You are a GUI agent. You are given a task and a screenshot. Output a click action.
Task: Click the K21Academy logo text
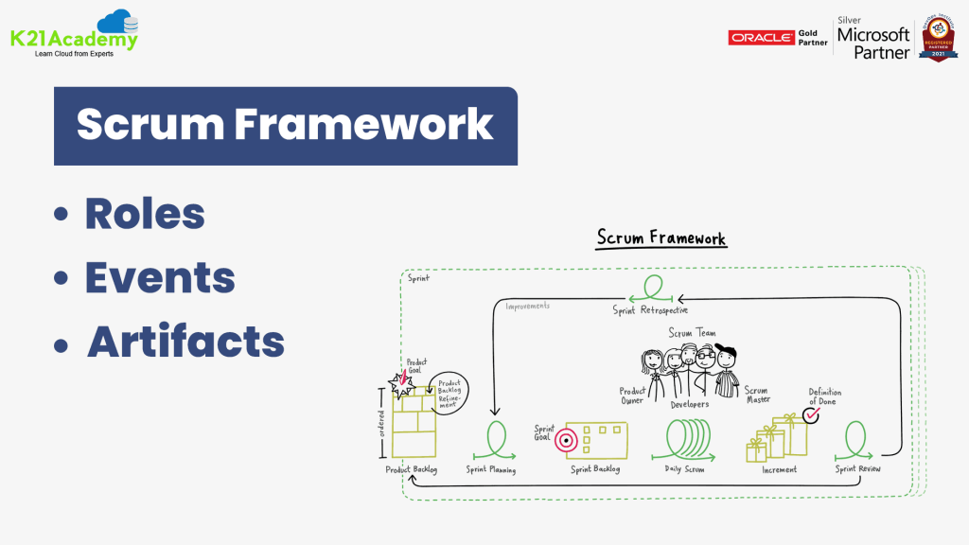74,39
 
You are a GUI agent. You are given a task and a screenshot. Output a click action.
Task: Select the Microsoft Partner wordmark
873,43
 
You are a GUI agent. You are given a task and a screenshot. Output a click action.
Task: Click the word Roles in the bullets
145,214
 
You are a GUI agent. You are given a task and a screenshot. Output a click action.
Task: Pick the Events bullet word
160,277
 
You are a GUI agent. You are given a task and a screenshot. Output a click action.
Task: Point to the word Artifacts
185,341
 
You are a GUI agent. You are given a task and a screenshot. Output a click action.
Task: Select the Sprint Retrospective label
650,310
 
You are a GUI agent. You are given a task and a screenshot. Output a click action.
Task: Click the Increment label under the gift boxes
779,469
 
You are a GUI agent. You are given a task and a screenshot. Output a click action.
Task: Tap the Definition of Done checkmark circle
812,414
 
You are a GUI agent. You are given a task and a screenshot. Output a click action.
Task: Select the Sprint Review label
858,469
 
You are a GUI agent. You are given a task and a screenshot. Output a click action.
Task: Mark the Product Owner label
632,396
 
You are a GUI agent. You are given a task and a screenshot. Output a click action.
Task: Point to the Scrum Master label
757,395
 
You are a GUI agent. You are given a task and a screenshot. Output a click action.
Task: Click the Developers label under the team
690,405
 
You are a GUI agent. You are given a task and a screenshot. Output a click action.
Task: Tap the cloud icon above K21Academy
119,21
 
